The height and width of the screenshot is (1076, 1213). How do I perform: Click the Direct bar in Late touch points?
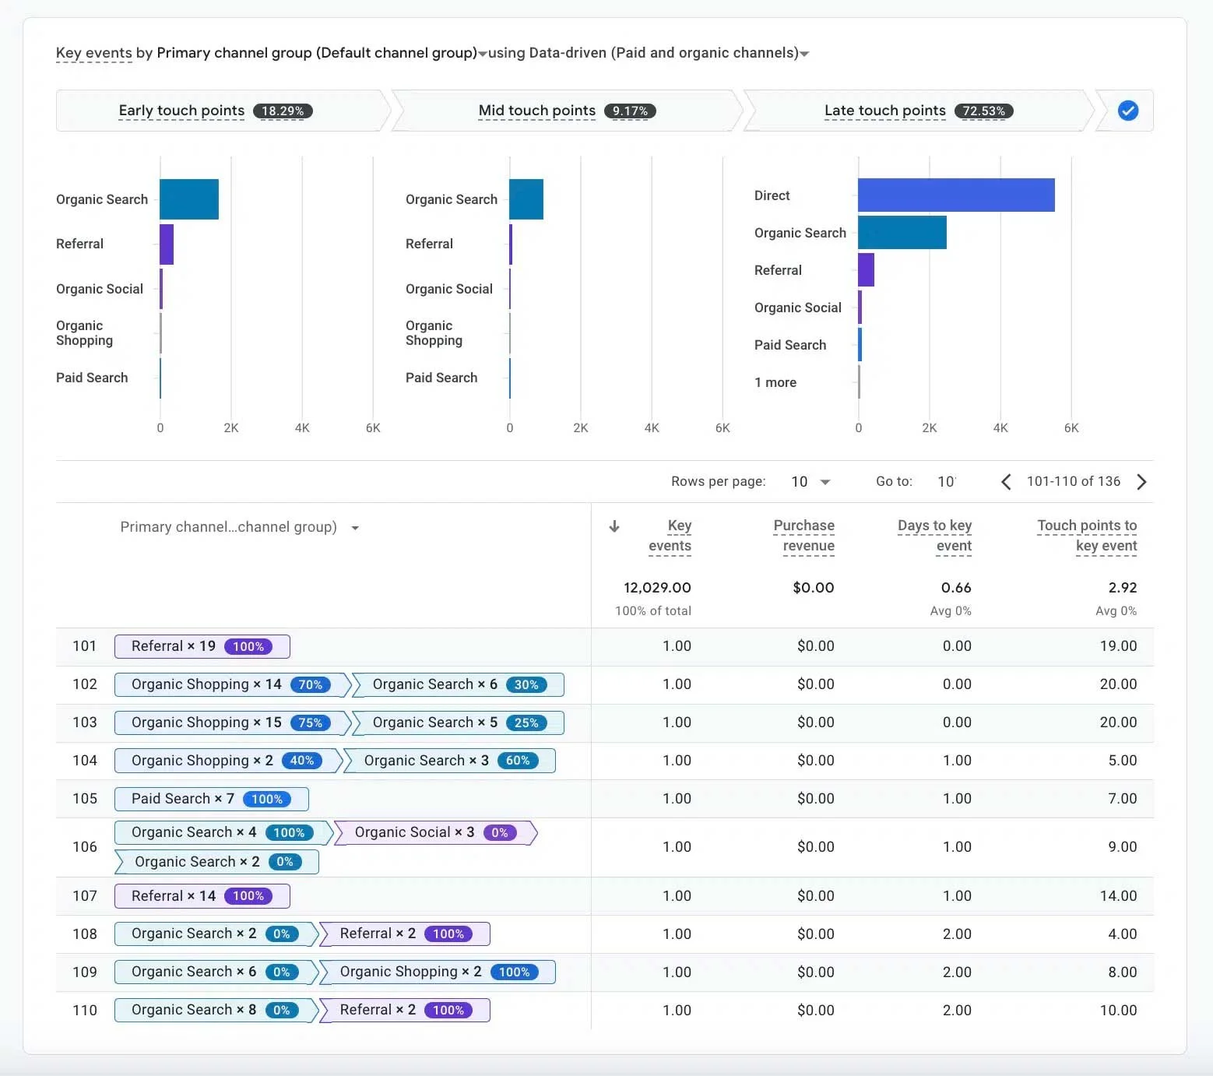[956, 195]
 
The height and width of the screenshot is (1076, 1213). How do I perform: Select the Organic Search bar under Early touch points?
[189, 199]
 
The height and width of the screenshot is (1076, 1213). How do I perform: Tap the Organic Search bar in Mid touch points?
[526, 199]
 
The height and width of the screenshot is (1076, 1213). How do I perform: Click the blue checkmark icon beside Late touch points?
[1127, 111]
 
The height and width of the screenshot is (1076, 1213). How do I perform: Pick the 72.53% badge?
[984, 111]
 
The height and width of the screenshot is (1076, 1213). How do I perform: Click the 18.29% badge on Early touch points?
[283, 111]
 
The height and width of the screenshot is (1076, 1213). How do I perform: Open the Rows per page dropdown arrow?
[825, 482]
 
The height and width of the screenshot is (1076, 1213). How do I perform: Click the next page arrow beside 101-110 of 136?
[1141, 482]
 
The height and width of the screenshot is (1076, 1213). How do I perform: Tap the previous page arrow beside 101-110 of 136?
[1006, 482]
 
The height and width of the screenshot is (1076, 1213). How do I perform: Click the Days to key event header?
[934, 536]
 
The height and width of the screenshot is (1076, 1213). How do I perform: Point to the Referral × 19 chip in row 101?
[202, 646]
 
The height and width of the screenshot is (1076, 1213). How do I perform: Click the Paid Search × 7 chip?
[211, 799]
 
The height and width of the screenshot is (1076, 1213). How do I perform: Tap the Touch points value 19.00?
[1118, 646]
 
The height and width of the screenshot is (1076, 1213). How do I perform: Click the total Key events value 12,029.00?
[657, 588]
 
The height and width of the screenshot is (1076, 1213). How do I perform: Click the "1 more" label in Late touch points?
[775, 382]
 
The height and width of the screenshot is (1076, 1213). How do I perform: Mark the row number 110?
[85, 1010]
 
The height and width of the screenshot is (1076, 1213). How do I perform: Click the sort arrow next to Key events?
[614, 526]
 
